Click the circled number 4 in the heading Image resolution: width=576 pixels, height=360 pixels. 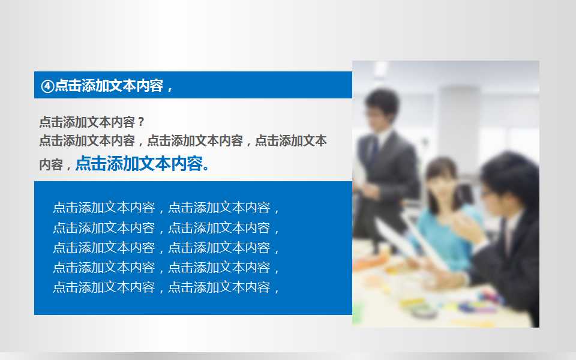47,86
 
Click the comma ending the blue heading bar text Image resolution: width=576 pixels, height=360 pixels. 169,89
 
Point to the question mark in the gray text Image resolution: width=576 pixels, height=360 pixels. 140,122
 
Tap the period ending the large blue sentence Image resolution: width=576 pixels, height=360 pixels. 207,167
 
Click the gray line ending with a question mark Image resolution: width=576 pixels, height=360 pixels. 92,122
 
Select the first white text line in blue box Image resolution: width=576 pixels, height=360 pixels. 166,208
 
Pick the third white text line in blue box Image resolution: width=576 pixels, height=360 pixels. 166,247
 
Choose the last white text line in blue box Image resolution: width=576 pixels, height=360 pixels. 166,287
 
